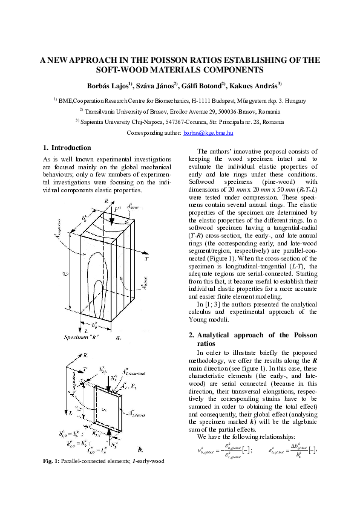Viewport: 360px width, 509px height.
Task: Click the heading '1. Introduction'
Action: (67, 148)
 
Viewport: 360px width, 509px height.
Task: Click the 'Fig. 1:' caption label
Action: (52, 462)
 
